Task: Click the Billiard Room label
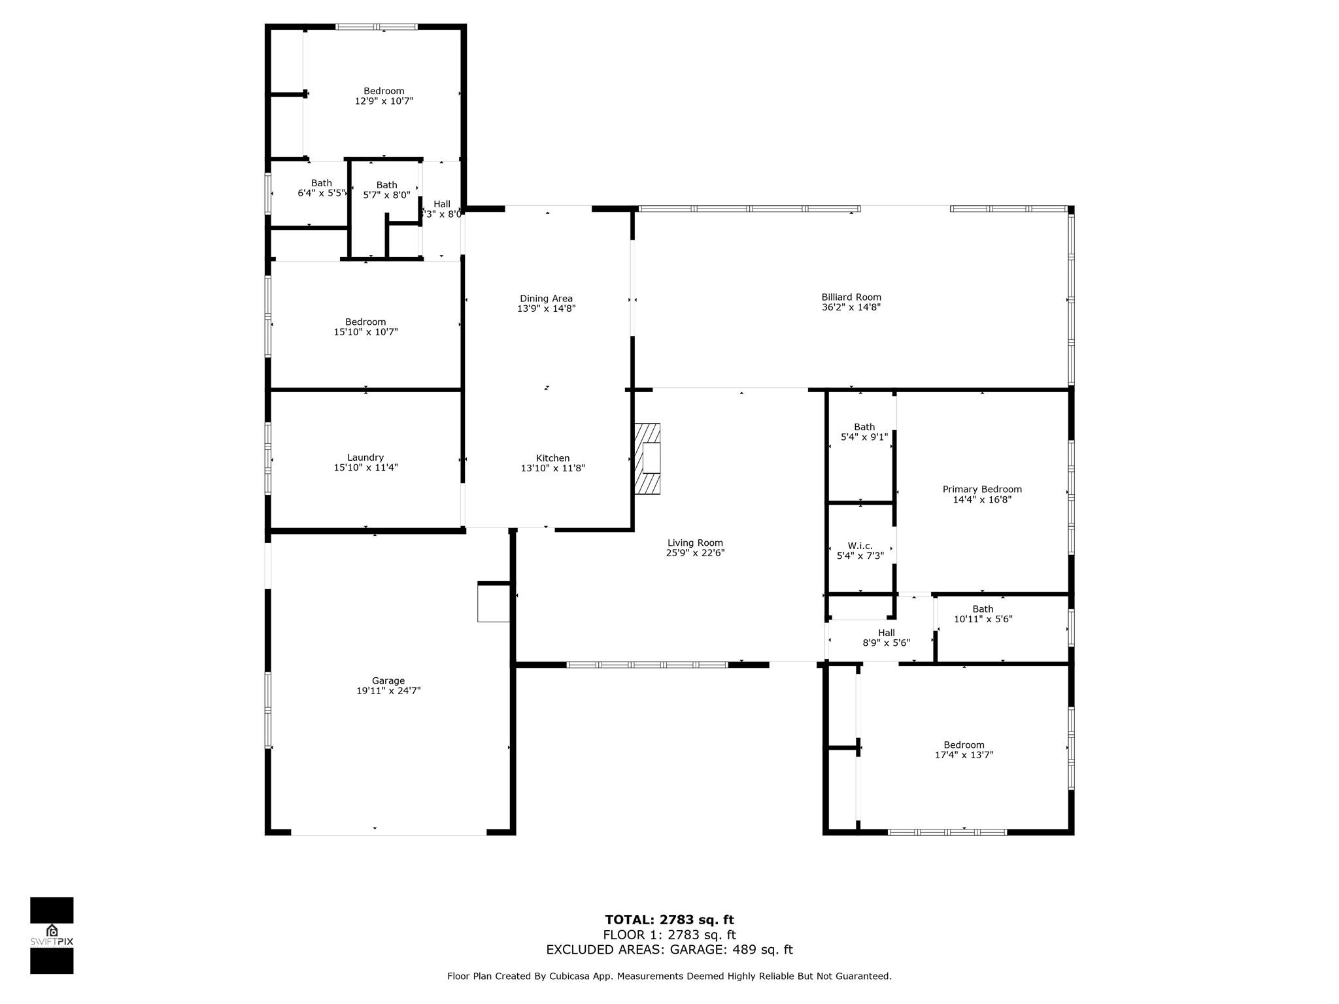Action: click(x=851, y=297)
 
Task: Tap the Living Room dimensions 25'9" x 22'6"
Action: click(x=695, y=553)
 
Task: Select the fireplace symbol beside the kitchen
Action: click(x=647, y=458)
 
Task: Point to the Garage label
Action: click(x=388, y=680)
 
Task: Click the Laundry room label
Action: click(x=365, y=458)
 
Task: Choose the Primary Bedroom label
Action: click(x=982, y=490)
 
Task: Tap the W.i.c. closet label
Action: click(x=860, y=546)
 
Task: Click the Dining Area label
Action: click(x=546, y=299)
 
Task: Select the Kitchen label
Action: click(x=553, y=458)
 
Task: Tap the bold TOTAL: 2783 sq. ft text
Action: click(x=669, y=920)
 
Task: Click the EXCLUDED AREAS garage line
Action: click(x=669, y=950)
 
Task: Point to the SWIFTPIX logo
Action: click(x=52, y=935)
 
